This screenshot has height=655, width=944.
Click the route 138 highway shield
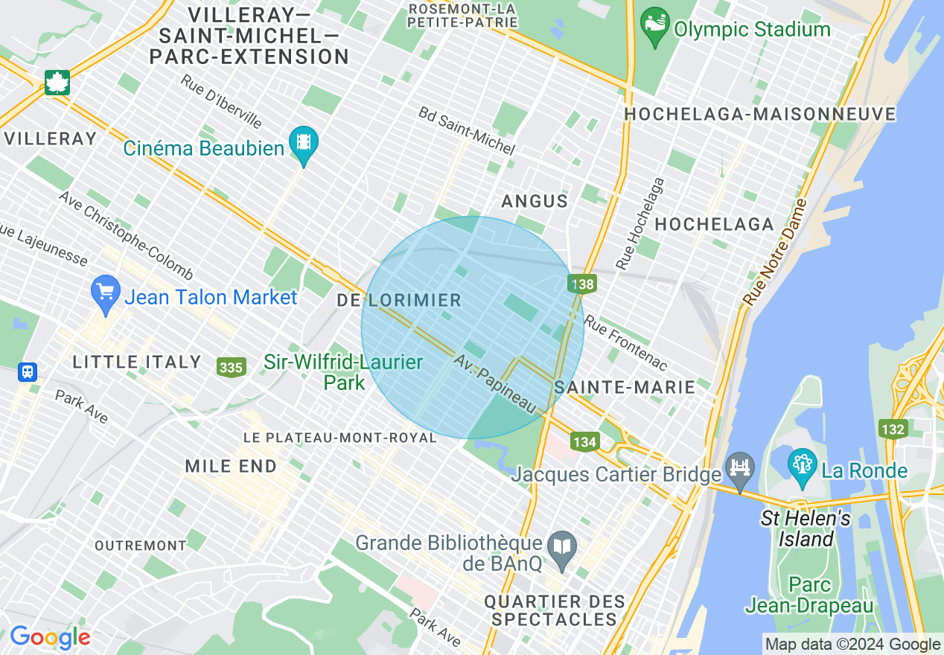[582, 284]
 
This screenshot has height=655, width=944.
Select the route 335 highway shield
[232, 367]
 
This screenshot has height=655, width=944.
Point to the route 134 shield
[585, 442]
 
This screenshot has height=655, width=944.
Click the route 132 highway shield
[892, 429]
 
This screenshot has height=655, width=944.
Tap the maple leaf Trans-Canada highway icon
[57, 82]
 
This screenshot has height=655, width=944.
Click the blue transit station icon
[28, 371]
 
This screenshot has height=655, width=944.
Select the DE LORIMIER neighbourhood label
[399, 301]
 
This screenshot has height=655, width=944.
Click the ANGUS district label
[535, 202]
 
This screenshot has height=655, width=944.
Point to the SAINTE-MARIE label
[625, 387]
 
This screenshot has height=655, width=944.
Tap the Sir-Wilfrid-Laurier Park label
[343, 372]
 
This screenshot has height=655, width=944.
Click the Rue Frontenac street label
[625, 343]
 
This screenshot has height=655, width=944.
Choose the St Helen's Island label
[806, 528]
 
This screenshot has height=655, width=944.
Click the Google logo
[50, 637]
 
